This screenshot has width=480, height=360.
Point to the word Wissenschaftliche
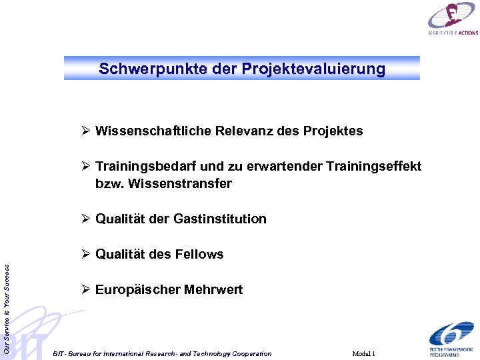click(x=153, y=131)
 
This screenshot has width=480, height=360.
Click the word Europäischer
click(x=135, y=290)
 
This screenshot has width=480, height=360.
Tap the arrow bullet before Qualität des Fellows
click(x=85, y=254)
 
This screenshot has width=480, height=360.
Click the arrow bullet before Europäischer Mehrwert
click(x=85, y=289)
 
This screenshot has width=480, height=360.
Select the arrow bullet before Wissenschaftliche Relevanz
click(x=85, y=131)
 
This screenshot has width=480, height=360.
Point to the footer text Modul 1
click(x=364, y=353)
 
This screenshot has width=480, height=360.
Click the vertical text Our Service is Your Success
click(x=7, y=299)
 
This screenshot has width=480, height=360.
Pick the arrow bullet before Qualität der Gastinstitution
click(x=85, y=219)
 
